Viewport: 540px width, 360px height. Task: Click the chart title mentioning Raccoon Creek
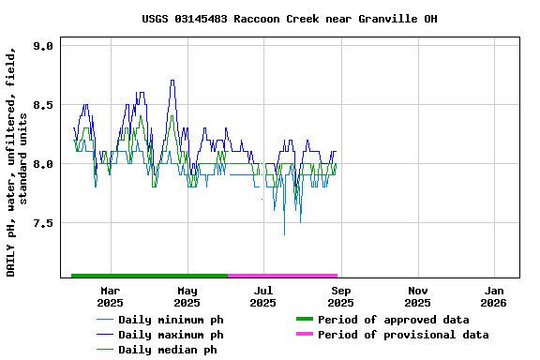pyautogui.click(x=290, y=19)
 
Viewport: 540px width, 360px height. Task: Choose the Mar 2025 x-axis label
pyautogui.click(x=110, y=296)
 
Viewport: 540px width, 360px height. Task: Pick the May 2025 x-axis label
pyautogui.click(x=187, y=296)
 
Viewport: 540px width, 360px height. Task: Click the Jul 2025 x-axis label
pyautogui.click(x=263, y=296)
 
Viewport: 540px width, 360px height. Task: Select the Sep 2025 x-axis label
pyautogui.click(x=340, y=296)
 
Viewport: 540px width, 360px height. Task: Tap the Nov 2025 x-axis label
pyautogui.click(x=417, y=296)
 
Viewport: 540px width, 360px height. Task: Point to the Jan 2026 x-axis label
pyautogui.click(x=494, y=296)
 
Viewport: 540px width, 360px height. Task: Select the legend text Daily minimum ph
pyautogui.click(x=171, y=320)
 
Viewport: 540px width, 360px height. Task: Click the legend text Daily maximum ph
pyautogui.click(x=171, y=335)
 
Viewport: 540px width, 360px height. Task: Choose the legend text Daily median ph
pyautogui.click(x=167, y=350)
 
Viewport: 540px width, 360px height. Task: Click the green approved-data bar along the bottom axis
pyautogui.click(x=150, y=276)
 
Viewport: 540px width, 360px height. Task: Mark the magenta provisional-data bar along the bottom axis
pyautogui.click(x=282, y=276)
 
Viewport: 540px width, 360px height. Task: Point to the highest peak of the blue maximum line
pyautogui.click(x=172, y=81)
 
